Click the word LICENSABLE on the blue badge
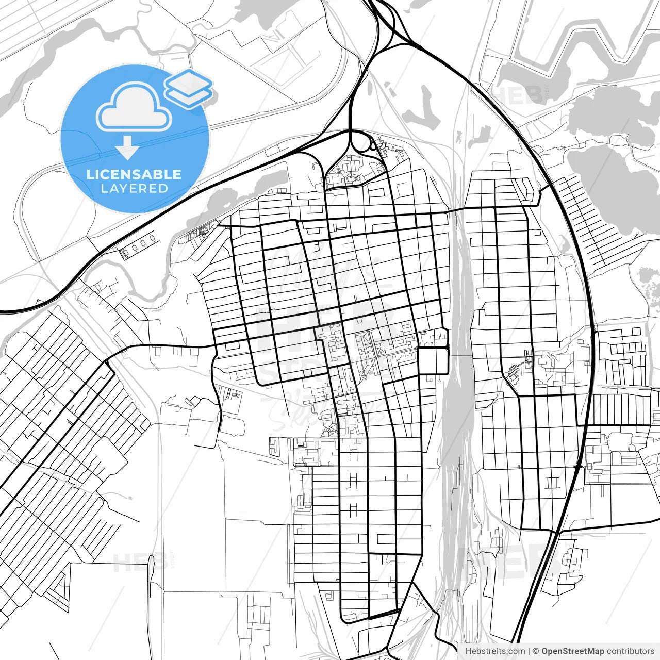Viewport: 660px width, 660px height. click(x=134, y=174)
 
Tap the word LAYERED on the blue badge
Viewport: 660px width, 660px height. click(x=134, y=189)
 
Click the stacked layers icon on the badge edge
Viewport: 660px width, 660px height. click(x=189, y=89)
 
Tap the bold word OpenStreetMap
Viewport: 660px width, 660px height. click(x=572, y=651)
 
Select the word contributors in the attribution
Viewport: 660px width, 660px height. click(x=631, y=651)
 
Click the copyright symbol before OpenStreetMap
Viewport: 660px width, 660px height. click(x=536, y=651)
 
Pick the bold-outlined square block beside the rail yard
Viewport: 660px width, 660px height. click(x=433, y=360)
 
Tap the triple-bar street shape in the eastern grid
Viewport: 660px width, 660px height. click(x=551, y=483)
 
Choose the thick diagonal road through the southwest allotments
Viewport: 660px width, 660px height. click(x=57, y=428)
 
